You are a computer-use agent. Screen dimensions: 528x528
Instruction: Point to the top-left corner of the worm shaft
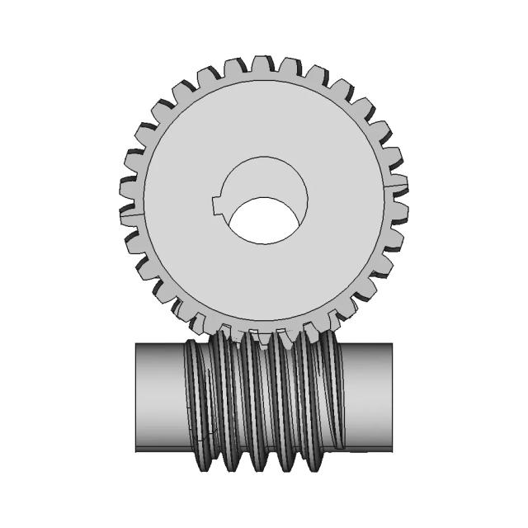(x=136, y=344)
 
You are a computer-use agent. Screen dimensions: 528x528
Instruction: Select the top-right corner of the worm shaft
(x=392, y=344)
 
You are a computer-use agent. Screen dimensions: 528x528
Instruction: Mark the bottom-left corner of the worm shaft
(x=136, y=451)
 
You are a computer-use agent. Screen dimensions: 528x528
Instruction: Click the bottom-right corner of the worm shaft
(x=392, y=451)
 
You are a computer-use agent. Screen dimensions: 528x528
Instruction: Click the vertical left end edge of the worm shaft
(x=136, y=398)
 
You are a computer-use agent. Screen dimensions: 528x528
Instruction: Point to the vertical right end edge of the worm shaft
(x=392, y=398)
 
